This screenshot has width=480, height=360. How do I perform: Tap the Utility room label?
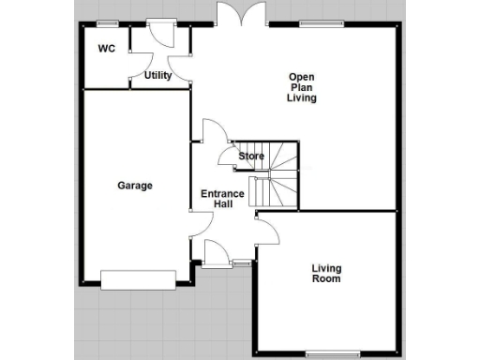[157, 76]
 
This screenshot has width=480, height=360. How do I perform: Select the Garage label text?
[135, 186]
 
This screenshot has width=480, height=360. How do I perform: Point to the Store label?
[251, 156]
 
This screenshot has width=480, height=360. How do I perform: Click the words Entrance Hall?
[223, 200]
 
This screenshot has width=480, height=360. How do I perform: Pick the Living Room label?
[326, 274]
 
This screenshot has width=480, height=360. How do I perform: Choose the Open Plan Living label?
[302, 87]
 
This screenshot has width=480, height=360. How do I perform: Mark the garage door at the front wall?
[139, 279]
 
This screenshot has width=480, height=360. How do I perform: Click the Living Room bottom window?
[334, 353]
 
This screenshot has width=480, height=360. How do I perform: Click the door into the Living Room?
[263, 227]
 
